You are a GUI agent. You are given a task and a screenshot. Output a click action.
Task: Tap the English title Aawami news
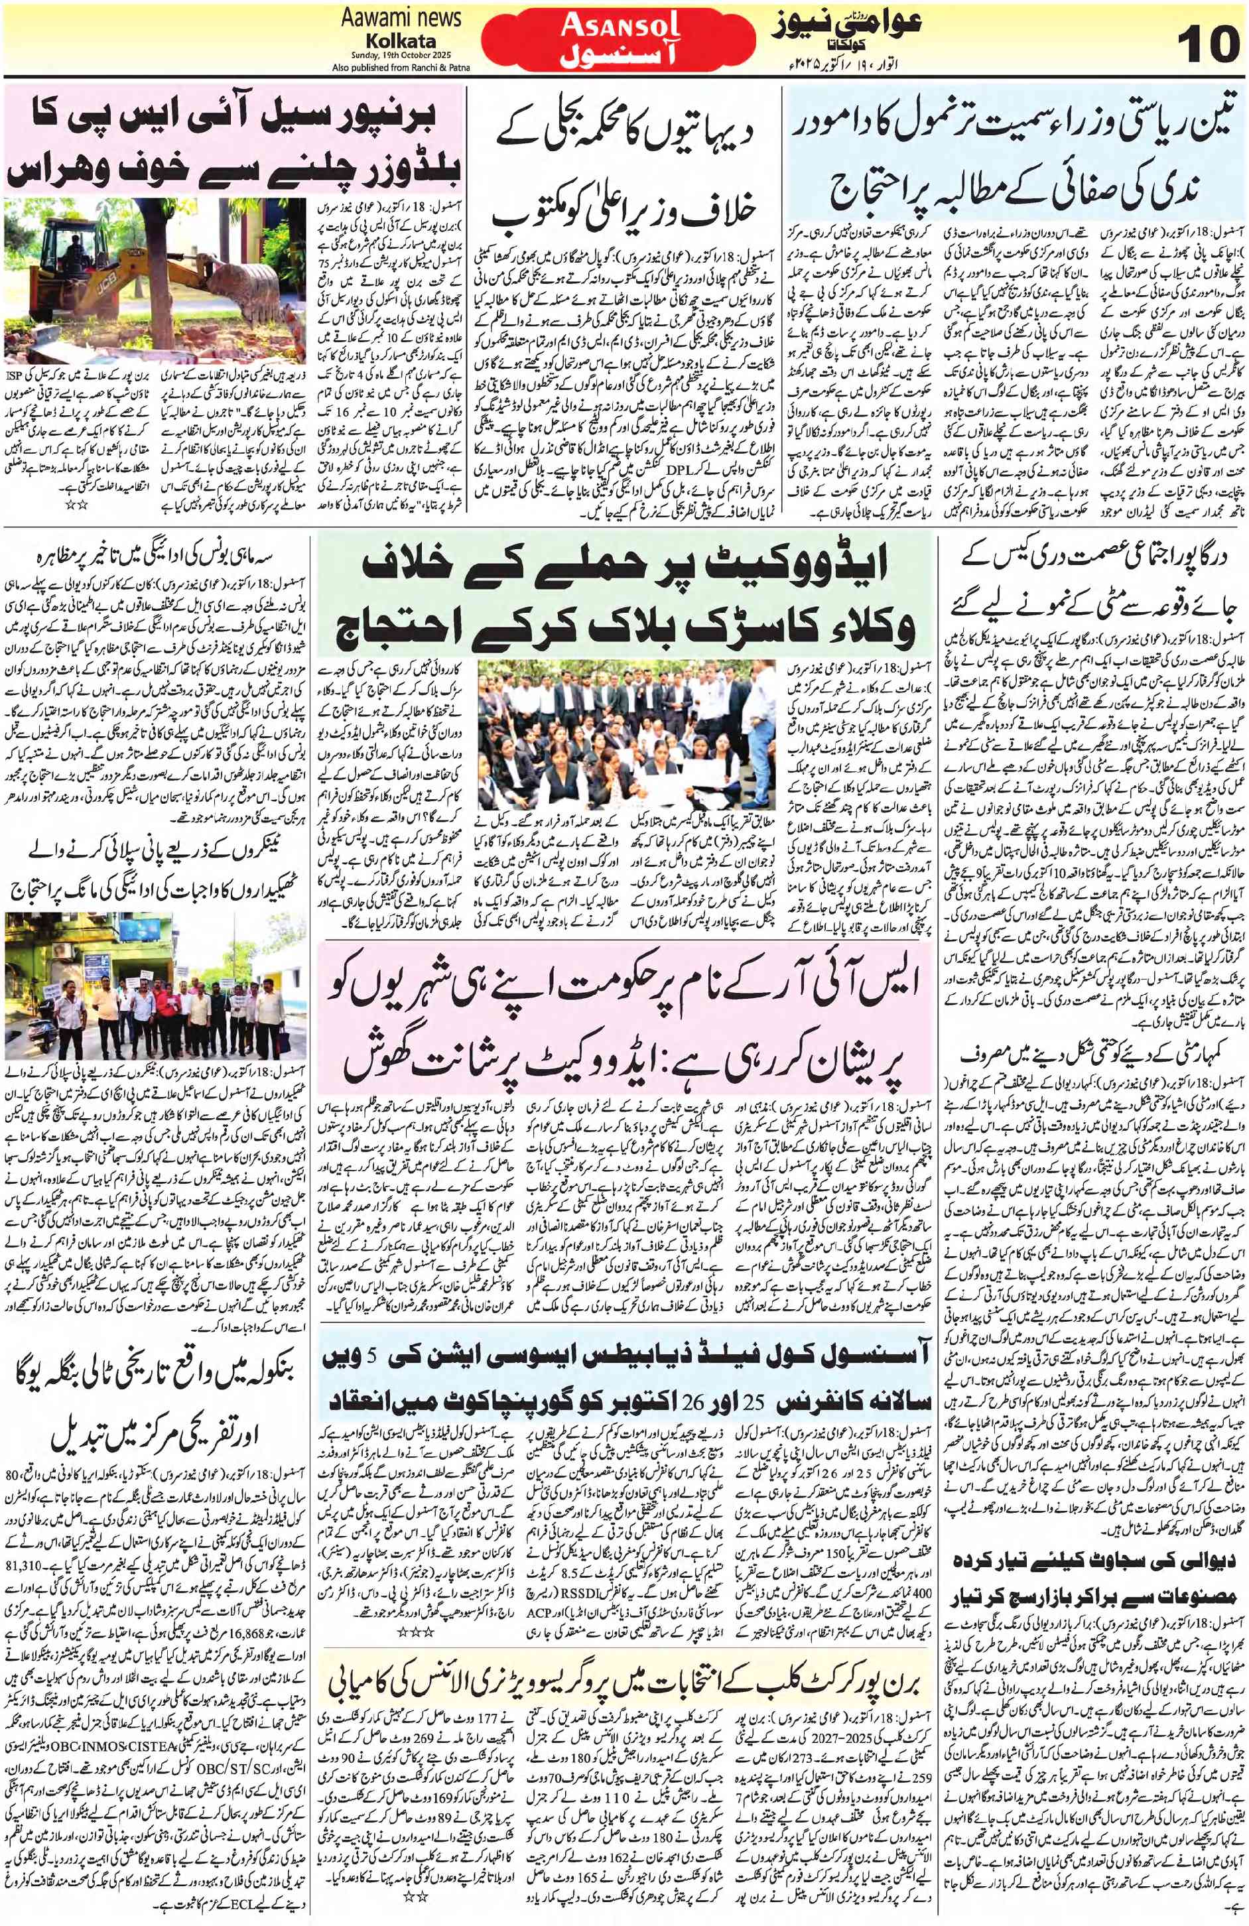389,19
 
